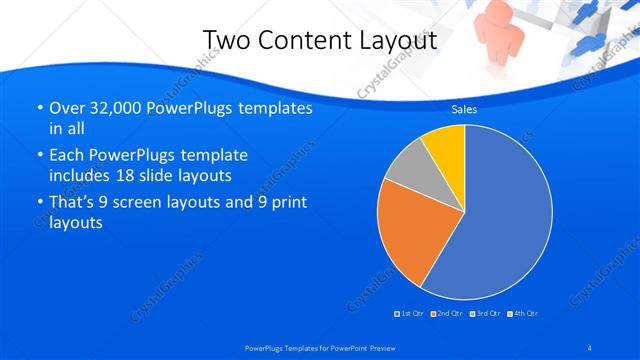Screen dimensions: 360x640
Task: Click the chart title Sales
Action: pyautogui.click(x=464, y=109)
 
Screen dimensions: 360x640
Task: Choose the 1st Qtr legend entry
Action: pyautogui.click(x=410, y=314)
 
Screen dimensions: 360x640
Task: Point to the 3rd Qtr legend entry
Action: pyautogui.click(x=484, y=314)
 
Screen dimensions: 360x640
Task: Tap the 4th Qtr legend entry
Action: pyautogui.click(x=523, y=314)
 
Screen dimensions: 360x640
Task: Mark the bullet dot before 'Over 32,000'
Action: pyautogui.click(x=38, y=108)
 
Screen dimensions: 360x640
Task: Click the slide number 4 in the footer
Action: pyautogui.click(x=591, y=347)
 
